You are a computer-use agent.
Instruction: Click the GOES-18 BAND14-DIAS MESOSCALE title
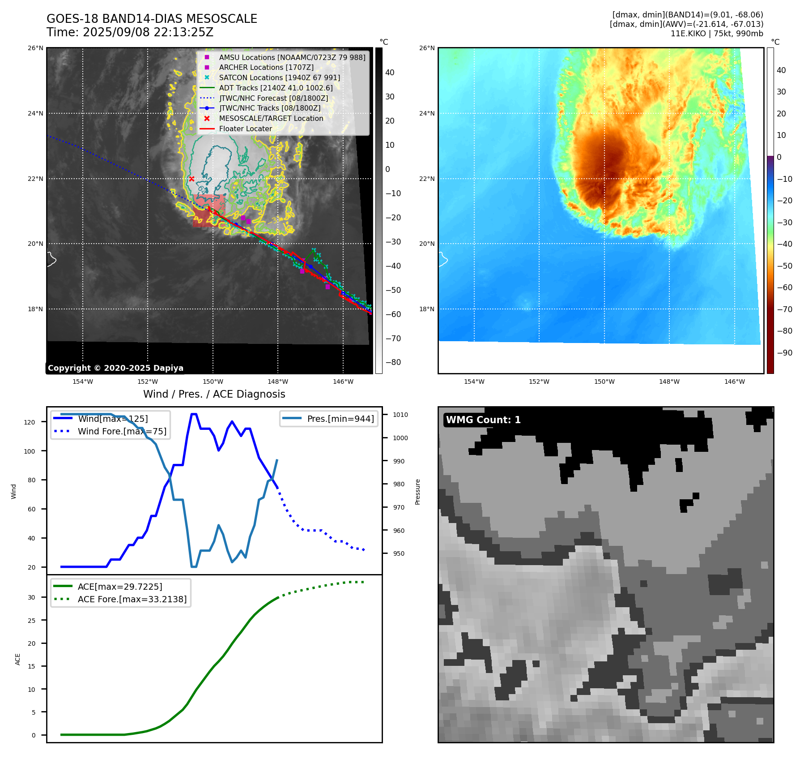[152, 19]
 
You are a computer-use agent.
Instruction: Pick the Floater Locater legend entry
[245, 129]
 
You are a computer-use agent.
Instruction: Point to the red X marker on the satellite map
[191, 179]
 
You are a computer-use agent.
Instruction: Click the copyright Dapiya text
[115, 368]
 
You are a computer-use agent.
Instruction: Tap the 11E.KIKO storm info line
[716, 34]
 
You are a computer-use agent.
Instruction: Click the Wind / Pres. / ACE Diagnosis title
[214, 394]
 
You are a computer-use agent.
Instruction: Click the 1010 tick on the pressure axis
[400, 415]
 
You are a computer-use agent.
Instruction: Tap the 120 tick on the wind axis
[30, 422]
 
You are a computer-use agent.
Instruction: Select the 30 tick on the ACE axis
[31, 597]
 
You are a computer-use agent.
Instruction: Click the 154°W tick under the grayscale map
[83, 382]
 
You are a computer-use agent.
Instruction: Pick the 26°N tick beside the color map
[427, 48]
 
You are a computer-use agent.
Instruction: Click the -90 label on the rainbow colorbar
[784, 353]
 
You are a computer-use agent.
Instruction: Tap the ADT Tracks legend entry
[276, 88]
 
